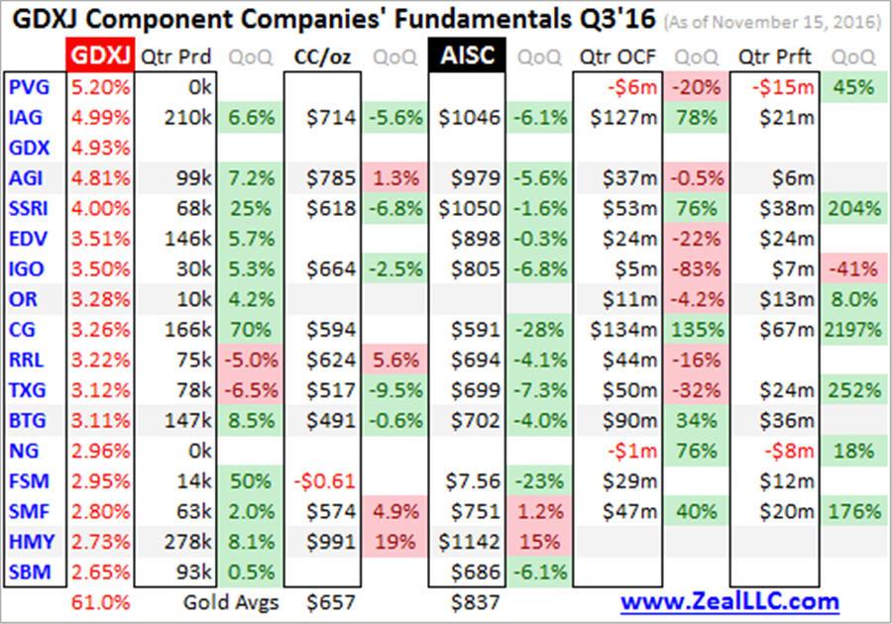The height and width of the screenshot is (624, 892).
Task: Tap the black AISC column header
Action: [x=468, y=55]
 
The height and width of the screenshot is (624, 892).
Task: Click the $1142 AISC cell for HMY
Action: [x=472, y=541]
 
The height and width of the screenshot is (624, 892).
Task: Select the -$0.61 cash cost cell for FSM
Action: [x=325, y=480]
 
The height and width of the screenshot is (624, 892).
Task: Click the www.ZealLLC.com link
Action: [x=729, y=601]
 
